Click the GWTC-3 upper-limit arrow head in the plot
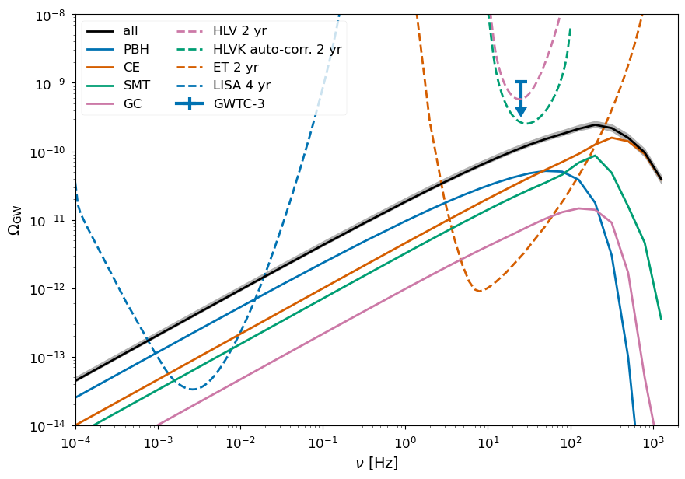[521, 112]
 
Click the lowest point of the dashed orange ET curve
[479, 291]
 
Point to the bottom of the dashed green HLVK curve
[527, 123]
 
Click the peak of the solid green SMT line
[595, 156]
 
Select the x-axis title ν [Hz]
[376, 463]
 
